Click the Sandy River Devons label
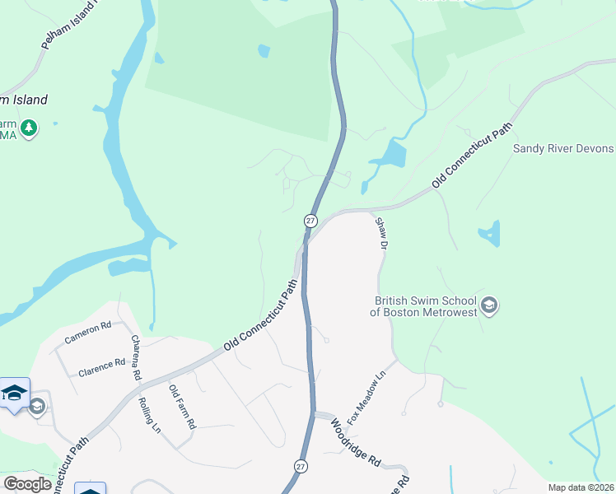tap(563, 148)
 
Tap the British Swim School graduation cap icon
tap(489, 306)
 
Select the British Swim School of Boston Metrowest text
tap(425, 306)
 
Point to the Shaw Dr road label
tap(380, 233)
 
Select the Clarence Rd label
tap(101, 366)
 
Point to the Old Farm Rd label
tap(182, 406)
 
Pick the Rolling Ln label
tap(149, 415)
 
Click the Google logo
tap(27, 484)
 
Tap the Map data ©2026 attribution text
tap(581, 487)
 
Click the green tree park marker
tap(30, 128)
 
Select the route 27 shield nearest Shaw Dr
tap(310, 221)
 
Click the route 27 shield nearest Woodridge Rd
tap(301, 465)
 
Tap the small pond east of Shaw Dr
tap(490, 233)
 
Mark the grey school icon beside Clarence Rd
tap(36, 406)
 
